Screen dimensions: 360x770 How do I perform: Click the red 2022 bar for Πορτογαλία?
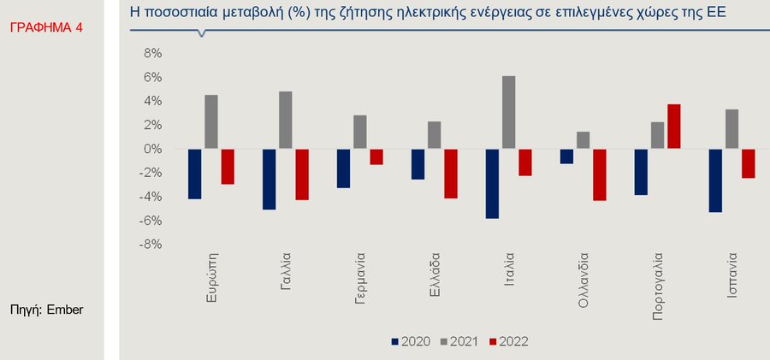click(674, 127)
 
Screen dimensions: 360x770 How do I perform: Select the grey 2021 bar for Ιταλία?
click(508, 113)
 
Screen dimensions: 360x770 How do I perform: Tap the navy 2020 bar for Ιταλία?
click(492, 184)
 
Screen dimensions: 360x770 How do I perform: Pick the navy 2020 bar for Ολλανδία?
click(566, 156)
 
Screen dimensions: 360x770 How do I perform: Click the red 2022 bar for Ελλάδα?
click(450, 174)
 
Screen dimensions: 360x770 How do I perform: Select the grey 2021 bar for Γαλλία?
click(285, 121)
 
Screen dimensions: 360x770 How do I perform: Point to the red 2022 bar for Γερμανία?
click(376, 156)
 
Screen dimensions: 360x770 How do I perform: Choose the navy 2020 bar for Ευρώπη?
click(195, 174)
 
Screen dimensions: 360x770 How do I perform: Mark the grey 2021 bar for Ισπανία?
click(731, 129)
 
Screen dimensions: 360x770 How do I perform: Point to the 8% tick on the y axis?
click(151, 53)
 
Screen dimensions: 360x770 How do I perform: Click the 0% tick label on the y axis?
click(151, 149)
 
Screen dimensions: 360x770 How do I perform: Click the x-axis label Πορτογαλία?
click(658, 286)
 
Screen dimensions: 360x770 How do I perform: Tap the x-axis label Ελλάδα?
click(435, 272)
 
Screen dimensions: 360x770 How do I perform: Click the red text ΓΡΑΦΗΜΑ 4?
click(47, 28)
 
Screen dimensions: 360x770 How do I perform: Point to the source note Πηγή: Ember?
click(46, 309)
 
